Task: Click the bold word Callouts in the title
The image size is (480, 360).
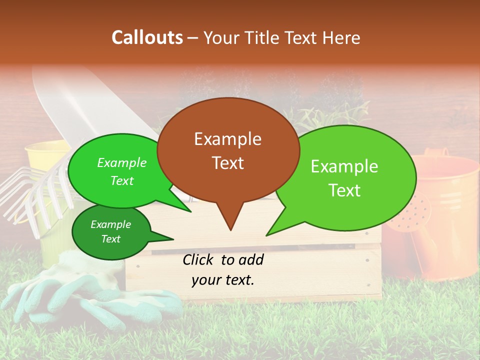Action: click(147, 37)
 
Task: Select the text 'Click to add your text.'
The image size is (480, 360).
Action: click(223, 269)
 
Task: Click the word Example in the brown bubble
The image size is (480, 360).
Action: click(227, 139)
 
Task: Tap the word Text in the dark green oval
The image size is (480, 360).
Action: click(110, 239)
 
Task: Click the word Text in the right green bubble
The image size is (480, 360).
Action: click(344, 190)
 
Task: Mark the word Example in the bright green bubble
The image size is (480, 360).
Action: click(121, 163)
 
